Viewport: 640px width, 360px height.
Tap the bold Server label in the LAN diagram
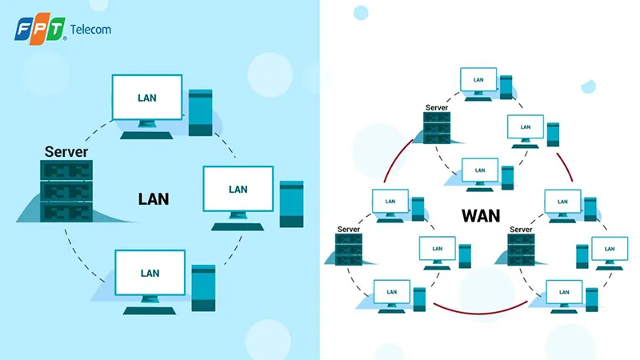[x=66, y=151]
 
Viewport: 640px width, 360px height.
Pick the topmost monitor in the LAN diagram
[x=146, y=101]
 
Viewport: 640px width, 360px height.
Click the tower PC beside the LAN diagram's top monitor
[x=200, y=113]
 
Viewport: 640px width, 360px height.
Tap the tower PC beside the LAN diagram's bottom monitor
[x=203, y=286]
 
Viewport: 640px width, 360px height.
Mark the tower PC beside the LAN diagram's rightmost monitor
[x=291, y=204]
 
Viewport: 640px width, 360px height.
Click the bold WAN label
[x=480, y=215]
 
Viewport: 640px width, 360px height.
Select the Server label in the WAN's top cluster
[x=436, y=107]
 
